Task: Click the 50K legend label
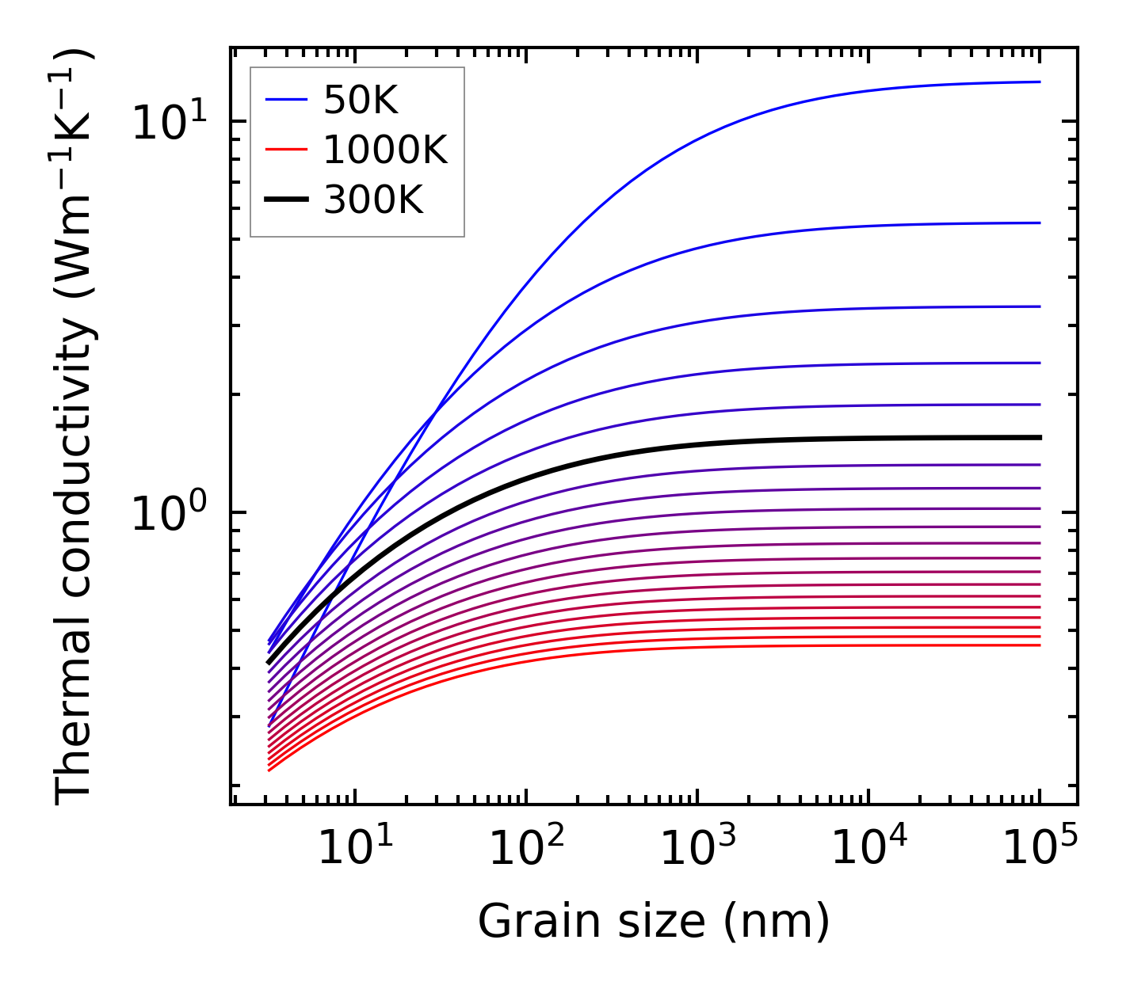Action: (361, 101)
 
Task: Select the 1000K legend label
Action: (386, 150)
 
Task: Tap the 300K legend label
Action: (373, 200)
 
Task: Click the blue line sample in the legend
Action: (286, 100)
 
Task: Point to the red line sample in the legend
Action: (286, 150)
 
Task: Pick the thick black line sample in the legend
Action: (286, 200)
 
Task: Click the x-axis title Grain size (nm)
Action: (654, 922)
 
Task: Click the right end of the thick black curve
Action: (1039, 437)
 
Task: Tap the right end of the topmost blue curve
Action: (1039, 82)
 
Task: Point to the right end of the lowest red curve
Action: (1039, 645)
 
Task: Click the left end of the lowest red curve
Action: (269, 770)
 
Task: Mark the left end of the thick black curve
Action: (269, 662)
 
